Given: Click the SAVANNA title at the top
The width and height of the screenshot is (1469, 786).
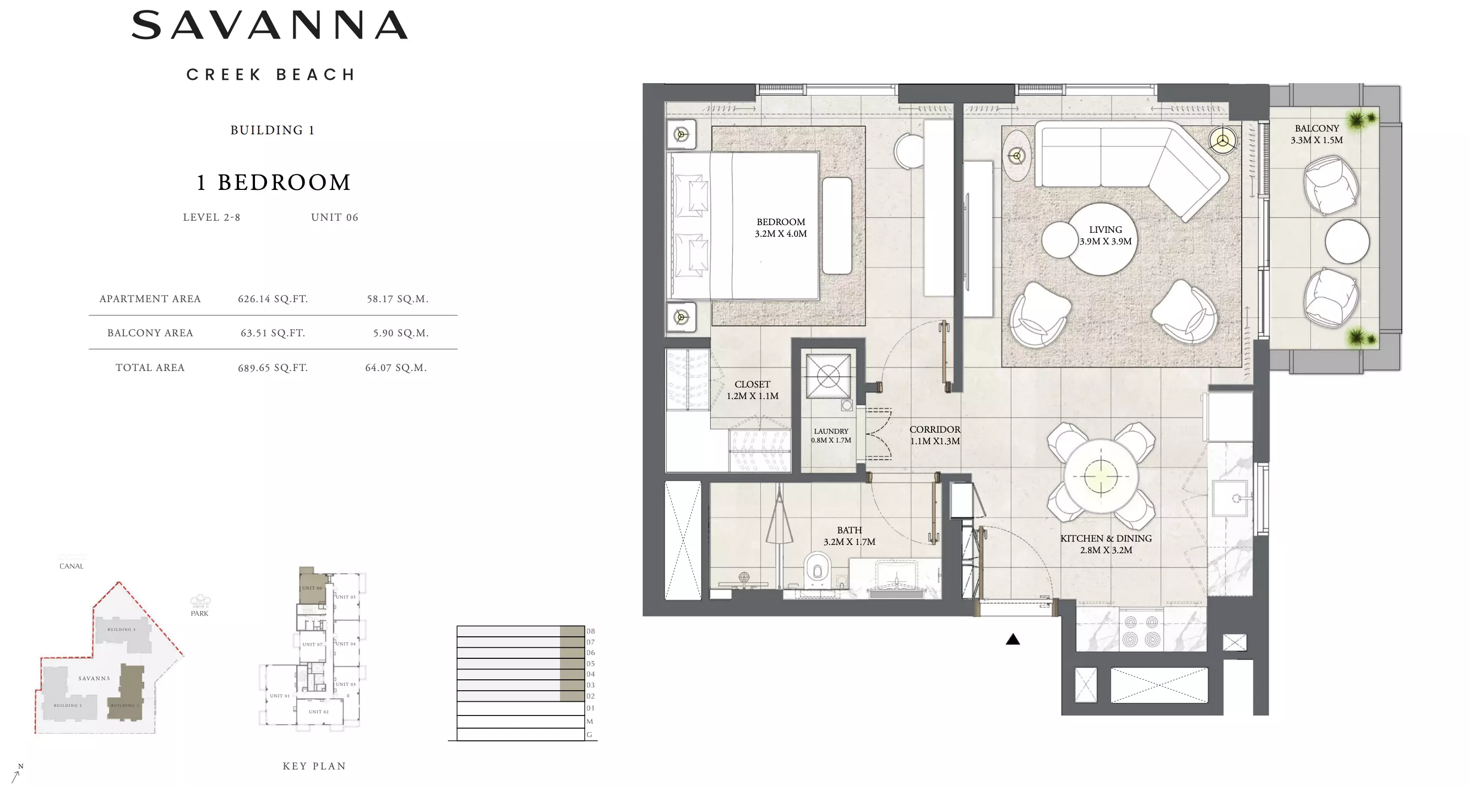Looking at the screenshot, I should click(x=270, y=26).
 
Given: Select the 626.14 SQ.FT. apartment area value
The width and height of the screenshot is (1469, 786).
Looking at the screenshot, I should click(x=273, y=299).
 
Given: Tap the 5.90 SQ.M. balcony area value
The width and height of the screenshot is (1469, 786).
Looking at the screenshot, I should click(x=400, y=333).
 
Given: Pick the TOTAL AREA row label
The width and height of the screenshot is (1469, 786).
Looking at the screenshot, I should click(x=150, y=368).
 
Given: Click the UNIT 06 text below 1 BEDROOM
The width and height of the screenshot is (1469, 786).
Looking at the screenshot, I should click(x=334, y=217).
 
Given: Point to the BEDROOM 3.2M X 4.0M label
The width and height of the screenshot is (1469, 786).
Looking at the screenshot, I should click(x=780, y=227).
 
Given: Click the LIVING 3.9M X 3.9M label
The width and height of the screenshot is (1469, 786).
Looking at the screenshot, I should click(x=1105, y=236).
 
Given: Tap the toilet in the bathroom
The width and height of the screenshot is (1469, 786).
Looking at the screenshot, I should click(x=817, y=571).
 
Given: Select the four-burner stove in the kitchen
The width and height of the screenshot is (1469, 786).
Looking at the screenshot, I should click(x=1141, y=630).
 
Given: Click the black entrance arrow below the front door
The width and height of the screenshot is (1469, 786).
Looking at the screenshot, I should click(x=1012, y=640).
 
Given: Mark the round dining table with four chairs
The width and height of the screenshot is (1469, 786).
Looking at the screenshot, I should click(x=1101, y=476).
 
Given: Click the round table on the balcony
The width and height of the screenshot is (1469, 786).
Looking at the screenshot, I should click(x=1346, y=242).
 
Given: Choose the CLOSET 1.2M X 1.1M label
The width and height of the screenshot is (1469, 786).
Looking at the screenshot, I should click(x=752, y=390).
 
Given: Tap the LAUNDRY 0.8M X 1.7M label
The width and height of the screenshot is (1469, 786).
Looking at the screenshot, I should click(x=831, y=435).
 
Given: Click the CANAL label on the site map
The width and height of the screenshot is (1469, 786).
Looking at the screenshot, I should click(x=71, y=566).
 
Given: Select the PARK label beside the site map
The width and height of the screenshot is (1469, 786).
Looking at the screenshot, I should click(x=199, y=613).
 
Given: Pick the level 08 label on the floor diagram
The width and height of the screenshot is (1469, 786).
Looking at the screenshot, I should click(x=590, y=631).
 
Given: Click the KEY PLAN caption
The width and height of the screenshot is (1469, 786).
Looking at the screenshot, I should click(x=314, y=766).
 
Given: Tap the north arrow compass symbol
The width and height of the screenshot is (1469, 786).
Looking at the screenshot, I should click(x=17, y=774).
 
